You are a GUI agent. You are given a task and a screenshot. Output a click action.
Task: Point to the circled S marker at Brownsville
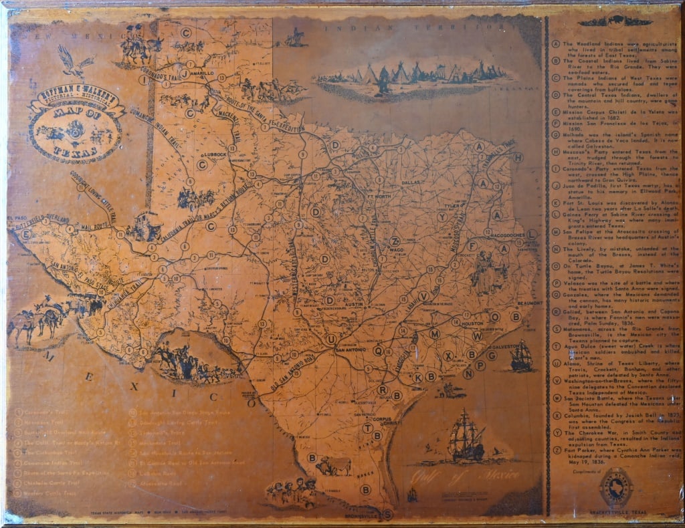[387, 514]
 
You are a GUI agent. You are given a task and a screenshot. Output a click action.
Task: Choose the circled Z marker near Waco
[395, 241]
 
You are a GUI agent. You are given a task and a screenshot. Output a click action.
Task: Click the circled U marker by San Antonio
[330, 340]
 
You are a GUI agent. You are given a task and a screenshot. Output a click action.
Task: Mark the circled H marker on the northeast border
[517, 158]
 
